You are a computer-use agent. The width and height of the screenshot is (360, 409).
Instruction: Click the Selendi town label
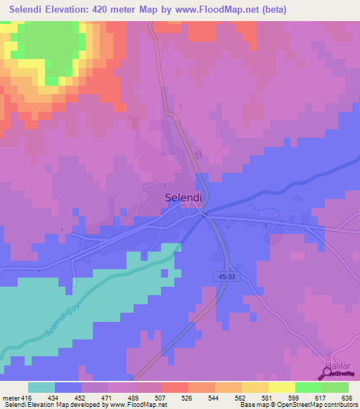click(184, 198)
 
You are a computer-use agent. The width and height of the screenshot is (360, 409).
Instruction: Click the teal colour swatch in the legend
click(41, 387)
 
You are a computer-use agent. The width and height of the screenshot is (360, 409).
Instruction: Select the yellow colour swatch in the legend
click(282, 387)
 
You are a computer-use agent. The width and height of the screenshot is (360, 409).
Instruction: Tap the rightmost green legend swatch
click(335, 387)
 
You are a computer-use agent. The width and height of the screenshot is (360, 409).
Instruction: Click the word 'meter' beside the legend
click(9, 397)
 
